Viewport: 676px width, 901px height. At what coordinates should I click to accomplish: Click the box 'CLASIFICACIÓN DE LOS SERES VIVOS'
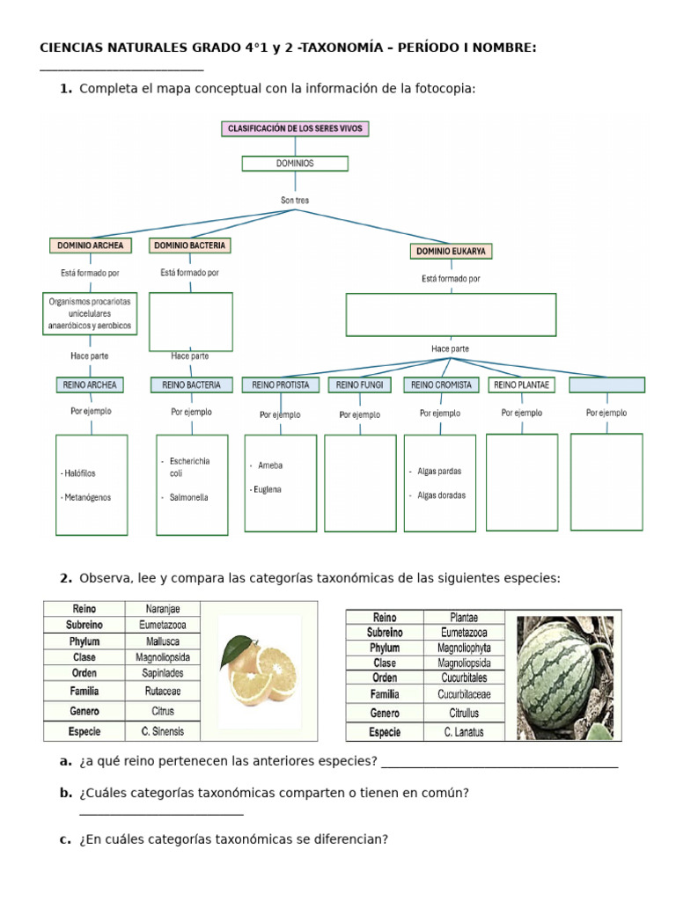pos(295,128)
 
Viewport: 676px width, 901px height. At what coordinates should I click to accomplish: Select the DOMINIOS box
pos(295,164)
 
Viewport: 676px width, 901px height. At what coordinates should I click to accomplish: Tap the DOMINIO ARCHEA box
pos(91,245)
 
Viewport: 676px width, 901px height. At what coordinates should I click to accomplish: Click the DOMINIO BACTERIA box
pos(189,245)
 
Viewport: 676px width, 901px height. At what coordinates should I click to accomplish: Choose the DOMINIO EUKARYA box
pos(451,252)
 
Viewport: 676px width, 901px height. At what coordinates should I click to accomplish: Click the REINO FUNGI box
pos(359,385)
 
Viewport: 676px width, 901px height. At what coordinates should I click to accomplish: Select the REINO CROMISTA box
pos(441,385)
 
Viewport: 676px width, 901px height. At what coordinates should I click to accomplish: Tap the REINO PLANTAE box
pos(522,385)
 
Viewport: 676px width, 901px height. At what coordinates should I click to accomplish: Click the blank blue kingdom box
pos(606,385)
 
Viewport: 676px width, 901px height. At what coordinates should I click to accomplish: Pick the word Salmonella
pos(189,497)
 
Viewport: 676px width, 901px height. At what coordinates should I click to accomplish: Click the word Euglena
pos(266,489)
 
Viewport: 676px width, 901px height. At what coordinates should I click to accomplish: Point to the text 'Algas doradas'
pos(442,495)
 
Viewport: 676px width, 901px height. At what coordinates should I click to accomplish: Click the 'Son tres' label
pos(295,201)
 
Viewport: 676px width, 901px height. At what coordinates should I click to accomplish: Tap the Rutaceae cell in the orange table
pos(163,692)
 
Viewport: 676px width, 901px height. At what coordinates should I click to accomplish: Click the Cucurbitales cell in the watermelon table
pos(464,678)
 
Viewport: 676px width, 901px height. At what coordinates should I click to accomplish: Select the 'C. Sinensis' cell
pos(163,731)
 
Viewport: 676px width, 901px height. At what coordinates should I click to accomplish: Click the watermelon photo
pos(564,675)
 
